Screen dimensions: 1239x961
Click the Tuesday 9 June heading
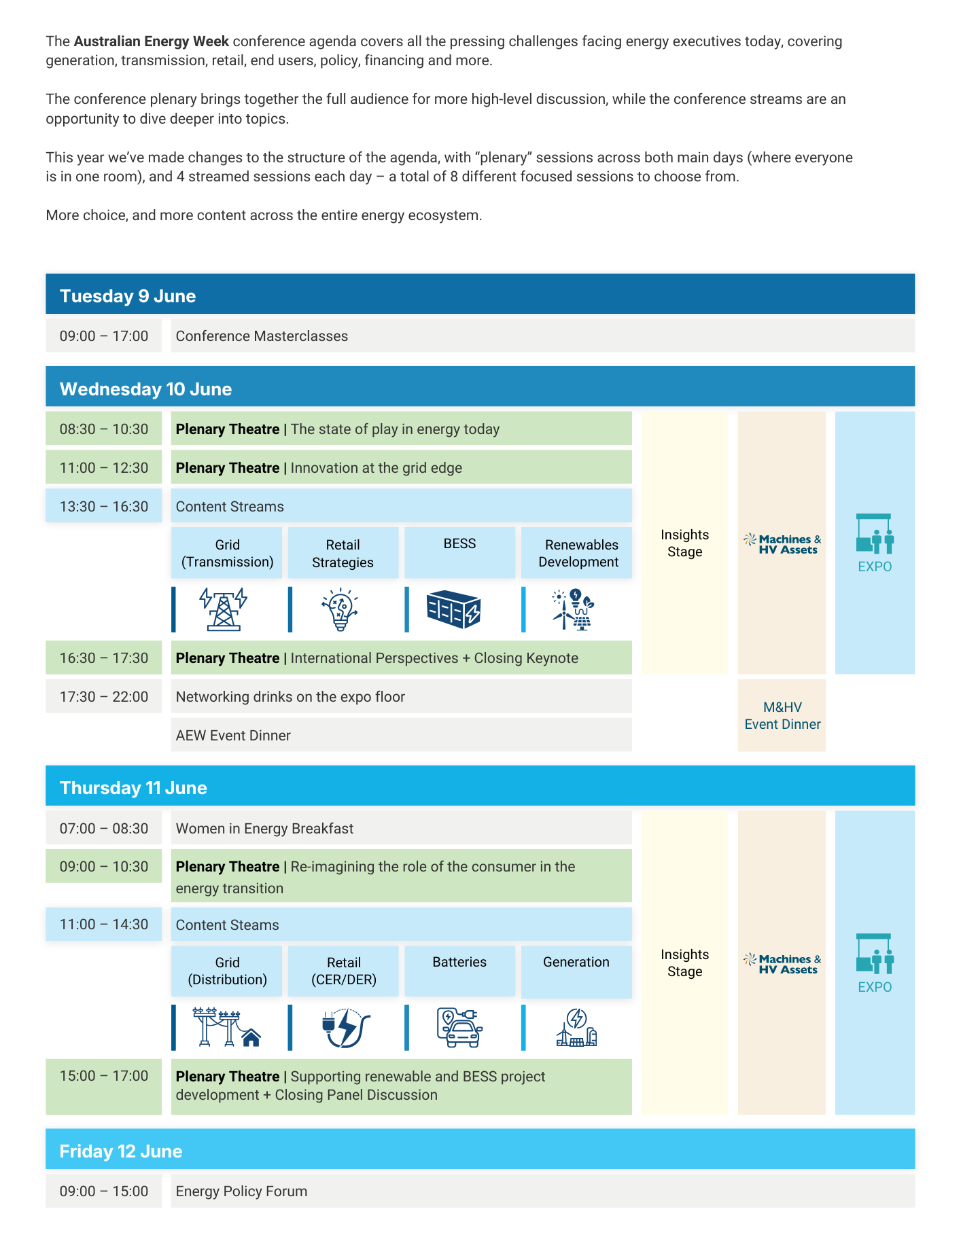click(128, 296)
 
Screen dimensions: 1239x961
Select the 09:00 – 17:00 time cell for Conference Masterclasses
click(104, 336)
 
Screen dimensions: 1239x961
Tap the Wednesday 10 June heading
click(145, 389)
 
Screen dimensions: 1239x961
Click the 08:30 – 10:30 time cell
click(104, 429)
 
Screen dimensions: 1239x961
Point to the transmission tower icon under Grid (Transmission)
click(224, 609)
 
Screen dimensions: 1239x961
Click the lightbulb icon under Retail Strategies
click(340, 609)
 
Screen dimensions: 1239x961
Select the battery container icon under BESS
click(453, 609)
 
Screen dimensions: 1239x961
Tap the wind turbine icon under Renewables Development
click(574, 609)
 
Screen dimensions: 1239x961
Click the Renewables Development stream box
click(577, 553)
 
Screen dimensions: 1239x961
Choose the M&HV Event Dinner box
click(782, 715)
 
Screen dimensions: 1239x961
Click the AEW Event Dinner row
click(401, 735)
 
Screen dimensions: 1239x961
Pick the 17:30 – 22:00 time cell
click(104, 697)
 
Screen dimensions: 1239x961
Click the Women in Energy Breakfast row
click(401, 828)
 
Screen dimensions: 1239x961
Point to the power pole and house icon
click(227, 1027)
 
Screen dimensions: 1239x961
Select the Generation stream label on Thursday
click(576, 962)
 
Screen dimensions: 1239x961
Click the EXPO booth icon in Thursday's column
click(875, 954)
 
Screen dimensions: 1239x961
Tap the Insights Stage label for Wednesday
click(684, 543)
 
